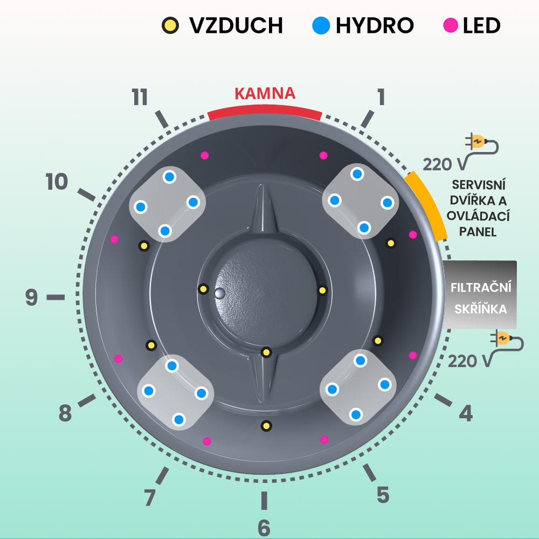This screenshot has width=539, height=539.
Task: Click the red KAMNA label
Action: pos(265,93)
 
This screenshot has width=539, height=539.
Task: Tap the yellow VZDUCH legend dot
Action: pos(171,25)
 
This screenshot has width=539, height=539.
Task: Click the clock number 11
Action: pos(140,98)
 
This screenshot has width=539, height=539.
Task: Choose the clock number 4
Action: pos(466,413)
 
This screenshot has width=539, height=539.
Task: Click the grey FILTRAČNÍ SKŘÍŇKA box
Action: pos(480,294)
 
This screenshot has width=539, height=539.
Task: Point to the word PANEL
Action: pos(479,232)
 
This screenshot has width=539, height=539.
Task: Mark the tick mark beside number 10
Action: pos(86,195)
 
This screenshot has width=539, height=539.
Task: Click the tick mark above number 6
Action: pos(264,500)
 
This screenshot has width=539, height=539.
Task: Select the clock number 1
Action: pos(381,98)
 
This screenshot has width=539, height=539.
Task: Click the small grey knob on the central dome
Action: pos(219,293)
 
